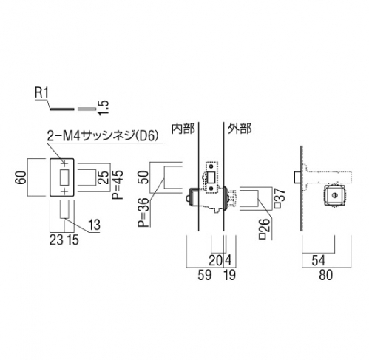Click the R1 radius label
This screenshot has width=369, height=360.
pos(42,93)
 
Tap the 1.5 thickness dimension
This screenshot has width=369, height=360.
pos(103,108)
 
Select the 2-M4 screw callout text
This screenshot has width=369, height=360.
pos(102,135)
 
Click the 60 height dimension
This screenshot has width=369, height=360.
pos(21,177)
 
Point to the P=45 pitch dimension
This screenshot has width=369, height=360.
pos(118,181)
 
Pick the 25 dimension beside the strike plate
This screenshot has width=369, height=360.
pos(104,177)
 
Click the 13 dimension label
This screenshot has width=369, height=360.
pos(95,225)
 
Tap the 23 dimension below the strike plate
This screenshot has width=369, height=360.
pos(56,240)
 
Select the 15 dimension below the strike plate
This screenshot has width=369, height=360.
pos(72,240)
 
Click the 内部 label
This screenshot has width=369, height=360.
pos(183,129)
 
